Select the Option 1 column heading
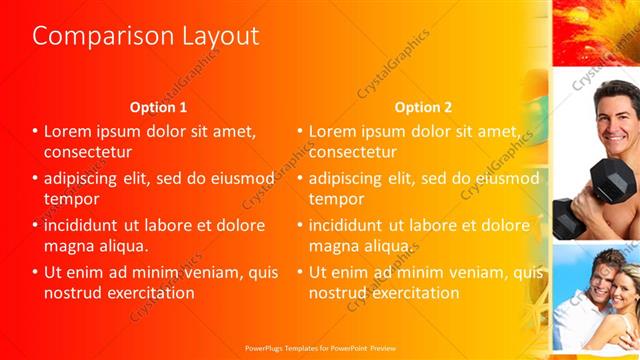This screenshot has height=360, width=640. (158, 107)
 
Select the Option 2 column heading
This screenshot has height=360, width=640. (423, 107)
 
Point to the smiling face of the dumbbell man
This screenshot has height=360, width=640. (612, 112)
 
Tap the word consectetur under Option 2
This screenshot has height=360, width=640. (353, 152)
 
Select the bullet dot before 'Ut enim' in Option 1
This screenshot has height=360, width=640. (35, 271)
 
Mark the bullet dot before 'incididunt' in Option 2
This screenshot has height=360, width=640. (300, 225)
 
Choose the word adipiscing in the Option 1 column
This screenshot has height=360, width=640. (85, 178)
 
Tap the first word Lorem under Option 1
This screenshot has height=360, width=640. (67, 131)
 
